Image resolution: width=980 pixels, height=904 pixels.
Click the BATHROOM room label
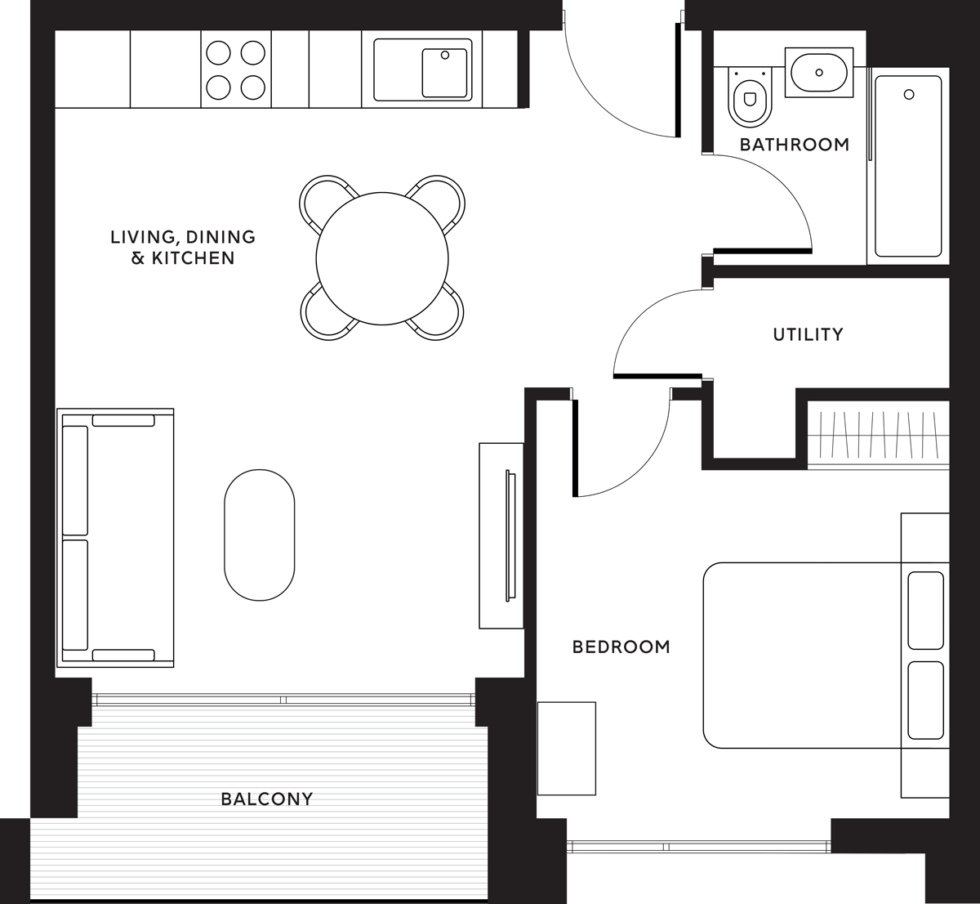coord(795,145)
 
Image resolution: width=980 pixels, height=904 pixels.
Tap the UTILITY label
coord(808,334)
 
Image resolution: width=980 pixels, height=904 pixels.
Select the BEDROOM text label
coord(621,647)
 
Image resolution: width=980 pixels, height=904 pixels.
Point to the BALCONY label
coord(267,799)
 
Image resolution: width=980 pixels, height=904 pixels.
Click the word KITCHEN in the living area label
coord(194,258)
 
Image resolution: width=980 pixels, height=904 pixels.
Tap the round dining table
coord(382,258)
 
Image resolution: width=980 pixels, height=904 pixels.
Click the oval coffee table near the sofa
coord(260,535)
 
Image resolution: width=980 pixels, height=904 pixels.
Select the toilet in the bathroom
coord(750,96)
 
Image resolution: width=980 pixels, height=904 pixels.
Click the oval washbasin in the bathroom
coord(819,73)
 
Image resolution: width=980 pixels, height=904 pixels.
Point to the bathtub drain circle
coord(909,95)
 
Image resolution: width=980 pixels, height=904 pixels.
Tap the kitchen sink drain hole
coord(444,56)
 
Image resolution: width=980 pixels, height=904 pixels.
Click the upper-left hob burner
coord(218,53)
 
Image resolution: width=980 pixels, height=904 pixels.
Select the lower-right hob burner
coord(253,87)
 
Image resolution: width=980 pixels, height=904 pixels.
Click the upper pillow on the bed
coord(926,611)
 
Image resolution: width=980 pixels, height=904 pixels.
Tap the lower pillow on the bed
coord(926,700)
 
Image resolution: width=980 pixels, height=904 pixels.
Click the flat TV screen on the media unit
coord(510,535)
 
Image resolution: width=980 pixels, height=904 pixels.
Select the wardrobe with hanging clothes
coord(879,435)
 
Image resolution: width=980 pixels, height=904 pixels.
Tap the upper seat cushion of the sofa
coord(75,481)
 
